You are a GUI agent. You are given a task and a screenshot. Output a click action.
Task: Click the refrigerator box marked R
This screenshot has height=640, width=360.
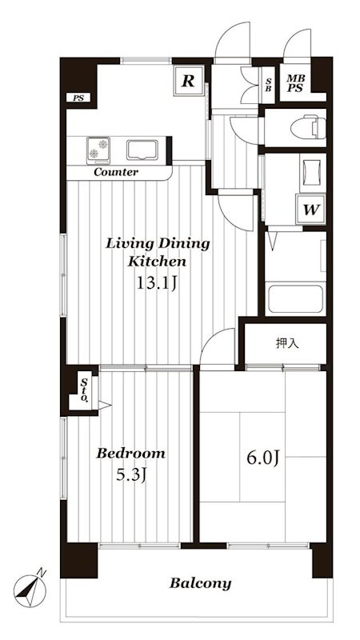[188, 81]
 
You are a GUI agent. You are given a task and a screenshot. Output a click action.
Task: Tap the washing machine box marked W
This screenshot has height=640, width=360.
[310, 210]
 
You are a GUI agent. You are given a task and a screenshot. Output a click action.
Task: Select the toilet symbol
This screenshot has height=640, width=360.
[308, 128]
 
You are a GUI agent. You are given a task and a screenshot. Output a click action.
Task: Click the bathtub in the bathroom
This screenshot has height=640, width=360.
[294, 299]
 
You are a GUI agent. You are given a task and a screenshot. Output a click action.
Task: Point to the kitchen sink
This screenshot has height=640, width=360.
[142, 150]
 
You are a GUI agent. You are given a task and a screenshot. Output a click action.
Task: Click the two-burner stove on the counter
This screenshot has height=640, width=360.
[98, 149]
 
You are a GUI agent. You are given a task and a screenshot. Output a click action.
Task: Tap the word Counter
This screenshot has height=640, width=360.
[116, 172]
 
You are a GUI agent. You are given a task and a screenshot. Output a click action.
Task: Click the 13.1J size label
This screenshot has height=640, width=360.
[156, 283]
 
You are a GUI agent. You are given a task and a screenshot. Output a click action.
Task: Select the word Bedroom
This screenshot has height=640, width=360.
[130, 453]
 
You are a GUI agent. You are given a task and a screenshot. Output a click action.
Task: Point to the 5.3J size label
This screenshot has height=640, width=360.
[131, 474]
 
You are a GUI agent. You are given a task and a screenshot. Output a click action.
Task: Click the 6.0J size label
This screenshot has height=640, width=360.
[263, 458]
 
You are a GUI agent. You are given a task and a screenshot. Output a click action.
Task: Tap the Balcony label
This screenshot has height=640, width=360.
[201, 583]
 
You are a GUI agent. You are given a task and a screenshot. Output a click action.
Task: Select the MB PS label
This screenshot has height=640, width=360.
[294, 83]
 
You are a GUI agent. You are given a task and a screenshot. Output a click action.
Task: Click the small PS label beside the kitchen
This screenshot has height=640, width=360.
[78, 98]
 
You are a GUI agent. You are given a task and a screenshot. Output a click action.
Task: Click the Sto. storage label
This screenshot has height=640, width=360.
[84, 390]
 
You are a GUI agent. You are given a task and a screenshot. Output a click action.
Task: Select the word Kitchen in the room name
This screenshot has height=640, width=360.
[157, 262]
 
